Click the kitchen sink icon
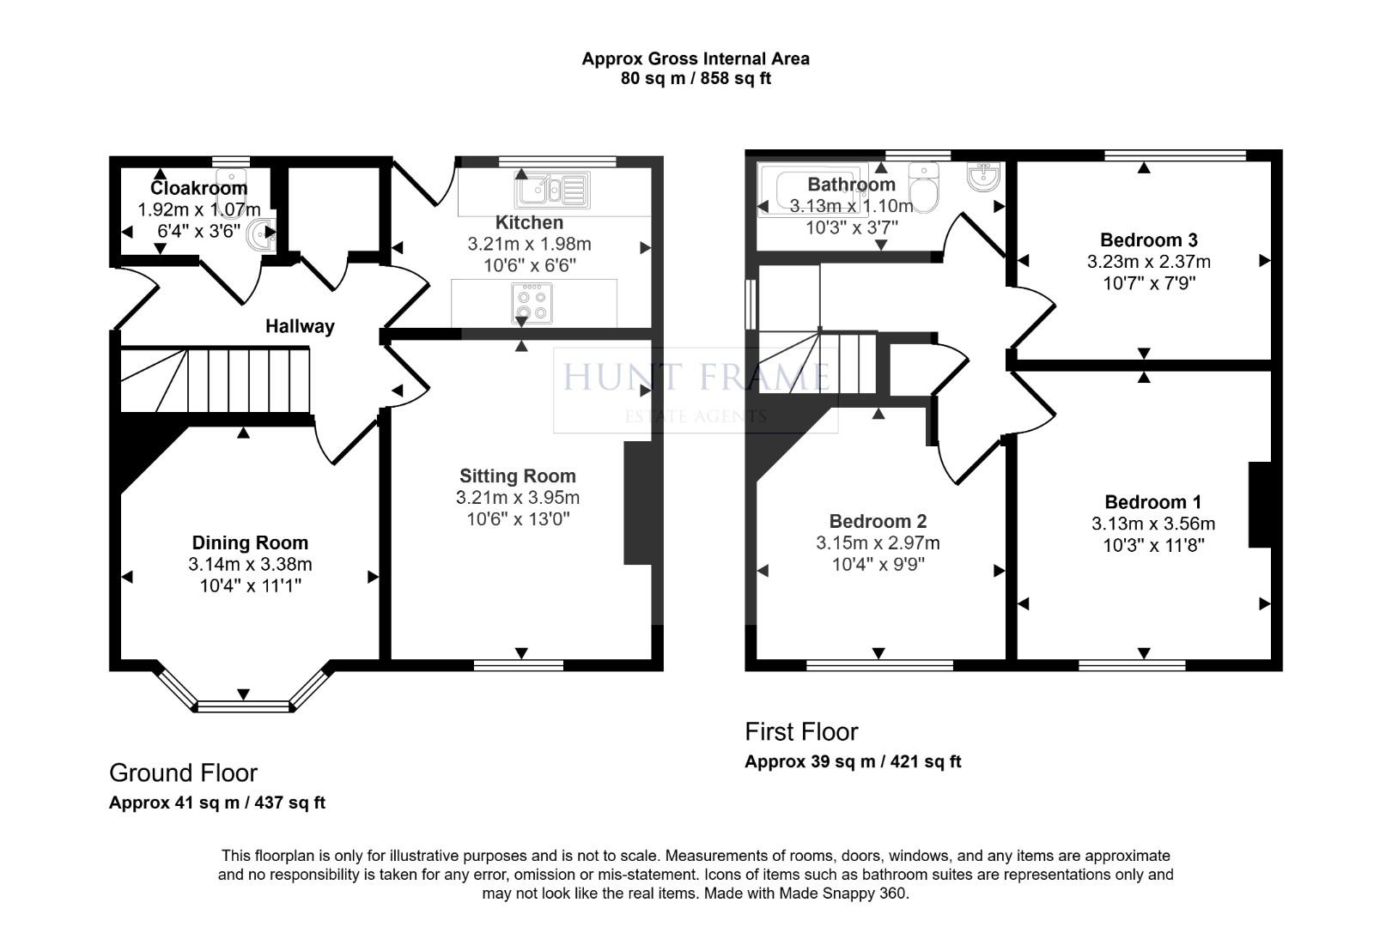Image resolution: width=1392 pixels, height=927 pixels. click(551, 190)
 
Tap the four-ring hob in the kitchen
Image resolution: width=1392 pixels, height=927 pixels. click(532, 303)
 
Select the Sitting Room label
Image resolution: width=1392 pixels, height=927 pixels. click(517, 476)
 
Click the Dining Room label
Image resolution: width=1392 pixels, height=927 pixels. click(250, 542)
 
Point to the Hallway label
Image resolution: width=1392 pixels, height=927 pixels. click(300, 326)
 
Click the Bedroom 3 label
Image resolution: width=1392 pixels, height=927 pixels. click(1148, 240)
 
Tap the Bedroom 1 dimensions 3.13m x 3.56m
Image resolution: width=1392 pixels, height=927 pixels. click(1153, 524)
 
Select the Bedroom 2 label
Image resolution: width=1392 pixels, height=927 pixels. click(878, 521)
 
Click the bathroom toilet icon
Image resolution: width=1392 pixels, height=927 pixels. click(925, 187)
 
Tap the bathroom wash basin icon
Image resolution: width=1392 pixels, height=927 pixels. click(982, 177)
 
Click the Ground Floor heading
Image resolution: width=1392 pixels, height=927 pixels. click(183, 772)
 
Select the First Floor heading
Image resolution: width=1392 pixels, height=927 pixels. click(801, 731)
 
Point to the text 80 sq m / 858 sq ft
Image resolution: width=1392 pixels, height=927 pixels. click(696, 79)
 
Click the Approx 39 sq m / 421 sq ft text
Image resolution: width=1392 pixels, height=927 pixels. click(853, 761)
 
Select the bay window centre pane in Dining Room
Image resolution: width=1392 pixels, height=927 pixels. click(245, 706)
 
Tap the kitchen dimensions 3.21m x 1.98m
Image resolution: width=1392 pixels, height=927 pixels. click(529, 244)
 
